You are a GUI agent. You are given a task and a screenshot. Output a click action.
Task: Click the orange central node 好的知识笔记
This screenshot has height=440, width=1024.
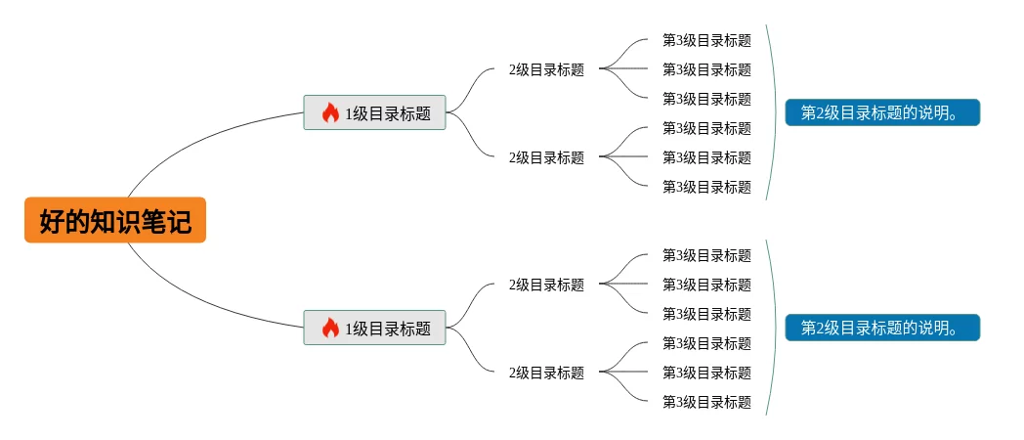[x=115, y=221]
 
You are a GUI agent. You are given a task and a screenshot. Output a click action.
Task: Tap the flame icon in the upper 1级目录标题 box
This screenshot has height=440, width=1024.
[x=330, y=112]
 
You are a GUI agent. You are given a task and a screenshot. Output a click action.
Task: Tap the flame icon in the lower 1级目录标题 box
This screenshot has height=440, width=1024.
[x=330, y=328]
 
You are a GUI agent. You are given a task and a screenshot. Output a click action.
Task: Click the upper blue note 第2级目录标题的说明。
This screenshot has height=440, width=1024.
[x=881, y=112]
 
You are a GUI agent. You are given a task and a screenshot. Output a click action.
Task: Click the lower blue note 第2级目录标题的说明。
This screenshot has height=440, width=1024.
[x=881, y=328]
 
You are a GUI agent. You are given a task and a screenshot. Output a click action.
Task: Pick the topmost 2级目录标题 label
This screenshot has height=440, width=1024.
[x=546, y=69]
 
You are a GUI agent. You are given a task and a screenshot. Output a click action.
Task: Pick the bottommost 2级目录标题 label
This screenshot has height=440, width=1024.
[x=546, y=373]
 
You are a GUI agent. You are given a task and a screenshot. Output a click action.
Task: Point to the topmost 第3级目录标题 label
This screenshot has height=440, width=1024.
[x=706, y=40]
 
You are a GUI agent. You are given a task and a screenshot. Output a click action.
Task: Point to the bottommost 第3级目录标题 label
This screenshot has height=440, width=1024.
[x=706, y=402]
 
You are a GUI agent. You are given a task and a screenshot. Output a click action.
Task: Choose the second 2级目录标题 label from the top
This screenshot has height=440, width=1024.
[x=546, y=157]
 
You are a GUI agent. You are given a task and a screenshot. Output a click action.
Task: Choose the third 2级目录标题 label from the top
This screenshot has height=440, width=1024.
[x=546, y=285]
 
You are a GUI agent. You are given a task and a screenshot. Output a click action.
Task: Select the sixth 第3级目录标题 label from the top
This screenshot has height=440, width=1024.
[x=706, y=187]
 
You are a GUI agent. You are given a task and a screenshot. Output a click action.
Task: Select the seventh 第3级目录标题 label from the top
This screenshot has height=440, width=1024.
[x=706, y=255]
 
